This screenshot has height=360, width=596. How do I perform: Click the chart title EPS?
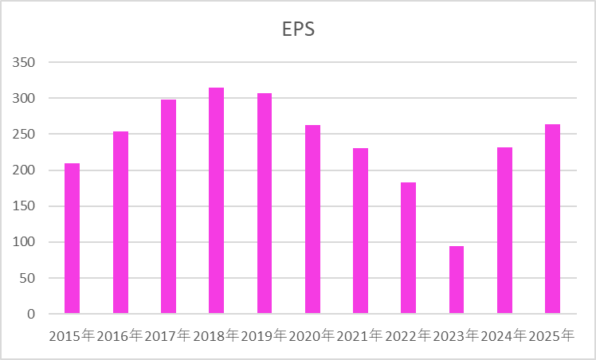[x=299, y=29]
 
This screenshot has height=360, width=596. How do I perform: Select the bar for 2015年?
[x=73, y=238]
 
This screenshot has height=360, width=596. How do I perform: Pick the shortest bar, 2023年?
[x=457, y=280]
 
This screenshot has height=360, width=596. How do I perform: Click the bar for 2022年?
[x=409, y=248]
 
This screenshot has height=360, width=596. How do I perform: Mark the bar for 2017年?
[x=168, y=206]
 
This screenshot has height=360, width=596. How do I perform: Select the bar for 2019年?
[x=265, y=203]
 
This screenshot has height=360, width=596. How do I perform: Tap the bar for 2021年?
[x=360, y=231]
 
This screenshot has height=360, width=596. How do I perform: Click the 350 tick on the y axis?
[x=25, y=63]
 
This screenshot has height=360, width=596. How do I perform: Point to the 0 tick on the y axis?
[x=32, y=315]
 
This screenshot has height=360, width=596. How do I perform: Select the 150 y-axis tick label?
[x=25, y=206]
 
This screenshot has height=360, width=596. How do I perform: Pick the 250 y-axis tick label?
[x=25, y=135]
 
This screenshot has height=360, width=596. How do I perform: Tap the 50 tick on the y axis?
[x=29, y=278]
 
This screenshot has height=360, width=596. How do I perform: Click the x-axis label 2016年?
[x=120, y=336]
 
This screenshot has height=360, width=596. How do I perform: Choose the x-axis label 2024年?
[x=504, y=336]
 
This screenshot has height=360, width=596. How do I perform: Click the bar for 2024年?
[x=504, y=230]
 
